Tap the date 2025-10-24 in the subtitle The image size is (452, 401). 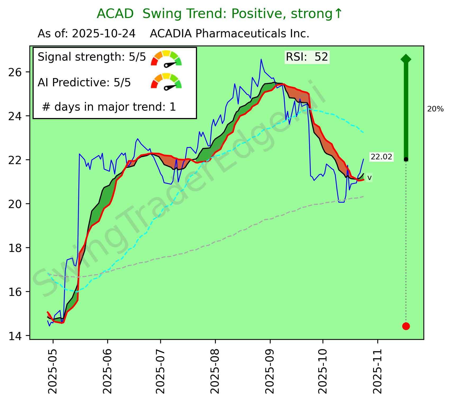[x=104, y=34]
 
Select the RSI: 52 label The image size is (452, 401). [x=307, y=57]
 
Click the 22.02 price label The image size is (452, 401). [x=381, y=157]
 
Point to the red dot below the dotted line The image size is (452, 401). [x=406, y=326]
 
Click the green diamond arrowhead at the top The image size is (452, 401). [x=406, y=59]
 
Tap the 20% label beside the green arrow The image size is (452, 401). [x=435, y=109]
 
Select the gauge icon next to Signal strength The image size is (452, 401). [x=166, y=58]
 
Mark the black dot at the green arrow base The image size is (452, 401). [x=406, y=159]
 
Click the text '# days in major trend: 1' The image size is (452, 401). [x=109, y=107]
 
